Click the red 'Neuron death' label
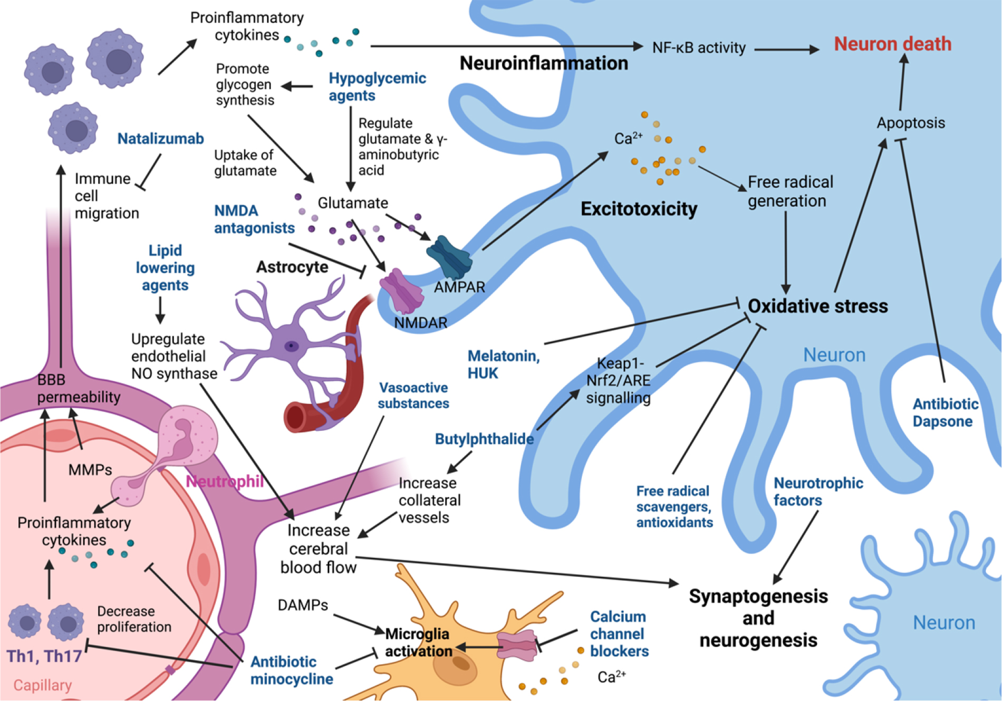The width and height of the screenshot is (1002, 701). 892,44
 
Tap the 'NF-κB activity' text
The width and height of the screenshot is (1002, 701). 698,48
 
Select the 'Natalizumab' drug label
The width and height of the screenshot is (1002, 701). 160,139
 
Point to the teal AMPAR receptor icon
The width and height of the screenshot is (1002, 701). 449,257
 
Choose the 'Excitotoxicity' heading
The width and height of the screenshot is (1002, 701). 639,209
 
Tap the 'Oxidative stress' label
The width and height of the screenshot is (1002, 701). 817,306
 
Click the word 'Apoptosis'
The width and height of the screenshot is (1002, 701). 910,123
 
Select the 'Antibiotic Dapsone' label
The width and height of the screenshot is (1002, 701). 945,412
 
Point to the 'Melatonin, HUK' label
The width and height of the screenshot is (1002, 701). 503,364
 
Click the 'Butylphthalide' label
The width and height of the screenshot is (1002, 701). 484,439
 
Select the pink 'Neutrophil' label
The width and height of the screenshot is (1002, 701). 225,481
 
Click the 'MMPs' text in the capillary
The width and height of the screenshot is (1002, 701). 90,469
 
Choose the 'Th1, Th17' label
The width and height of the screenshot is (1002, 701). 44,656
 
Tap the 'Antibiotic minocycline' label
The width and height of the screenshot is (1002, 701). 291,670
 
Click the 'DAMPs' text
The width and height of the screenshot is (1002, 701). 303,605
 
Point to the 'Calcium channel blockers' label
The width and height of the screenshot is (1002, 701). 619,633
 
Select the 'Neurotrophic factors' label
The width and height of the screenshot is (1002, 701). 817,492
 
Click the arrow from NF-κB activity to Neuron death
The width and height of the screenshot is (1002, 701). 786,50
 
